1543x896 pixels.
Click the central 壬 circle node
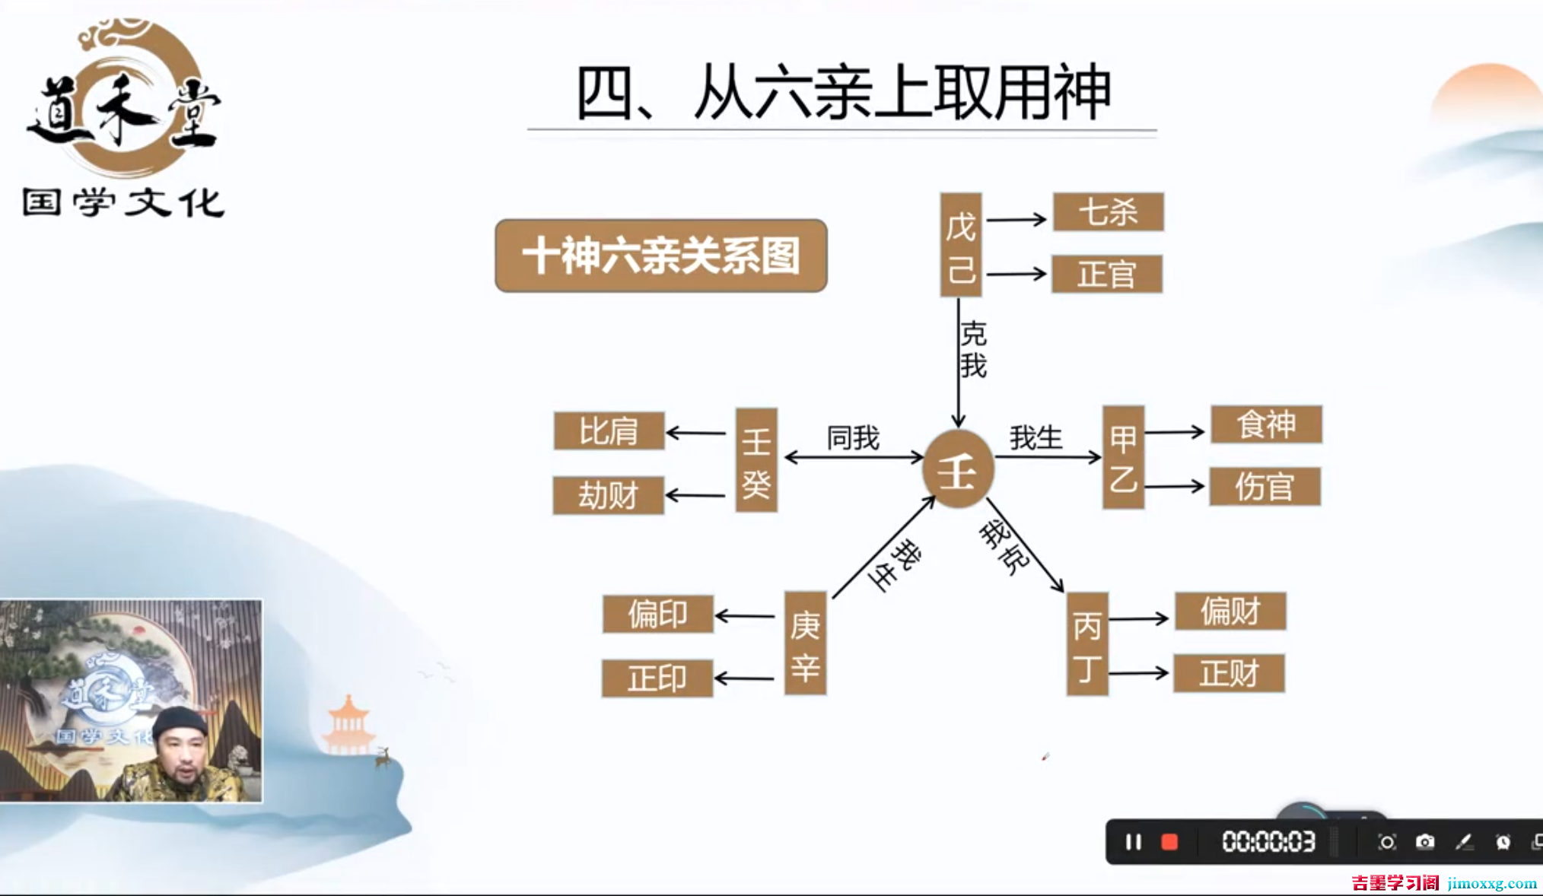click(958, 469)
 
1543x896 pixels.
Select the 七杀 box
click(1108, 212)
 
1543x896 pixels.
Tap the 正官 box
click(1107, 275)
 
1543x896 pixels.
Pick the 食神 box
click(1266, 424)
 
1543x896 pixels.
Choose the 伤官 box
click(1265, 487)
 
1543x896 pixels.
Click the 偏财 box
click(1230, 612)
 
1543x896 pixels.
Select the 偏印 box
click(657, 615)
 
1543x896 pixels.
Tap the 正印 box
click(657, 678)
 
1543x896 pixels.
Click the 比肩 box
click(609, 431)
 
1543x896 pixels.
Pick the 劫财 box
click(608, 496)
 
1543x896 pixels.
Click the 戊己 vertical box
click(961, 245)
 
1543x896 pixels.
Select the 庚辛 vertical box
click(805, 643)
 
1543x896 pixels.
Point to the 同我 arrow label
click(853, 438)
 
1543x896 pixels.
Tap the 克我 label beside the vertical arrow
click(973, 350)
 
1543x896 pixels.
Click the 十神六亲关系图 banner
click(660, 256)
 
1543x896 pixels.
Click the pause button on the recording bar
click(1133, 842)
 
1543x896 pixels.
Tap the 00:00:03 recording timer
click(1268, 842)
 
